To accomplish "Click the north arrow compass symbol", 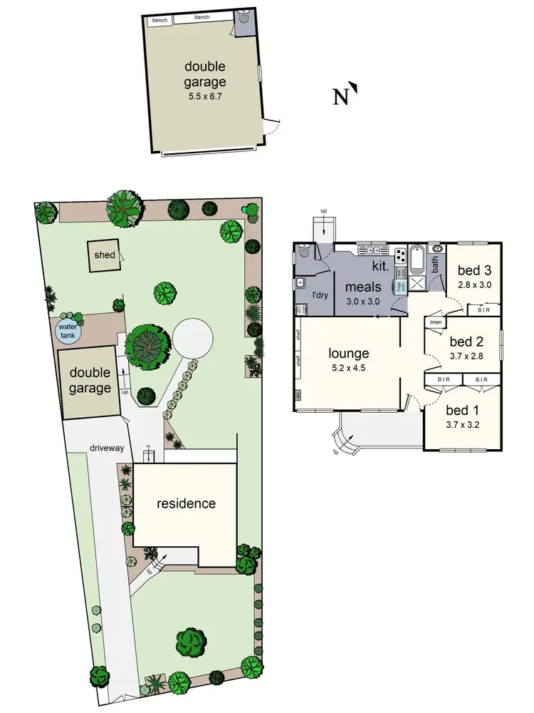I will pyautogui.click(x=344, y=96).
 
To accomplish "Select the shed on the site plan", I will pyautogui.click(x=104, y=256).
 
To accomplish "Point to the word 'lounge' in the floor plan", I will pyautogui.click(x=348, y=353).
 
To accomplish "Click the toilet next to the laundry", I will pyautogui.click(x=304, y=251).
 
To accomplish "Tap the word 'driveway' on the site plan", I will pyautogui.click(x=107, y=448).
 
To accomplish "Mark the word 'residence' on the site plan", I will pyautogui.click(x=186, y=503).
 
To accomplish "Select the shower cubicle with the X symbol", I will pyautogui.click(x=417, y=283).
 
